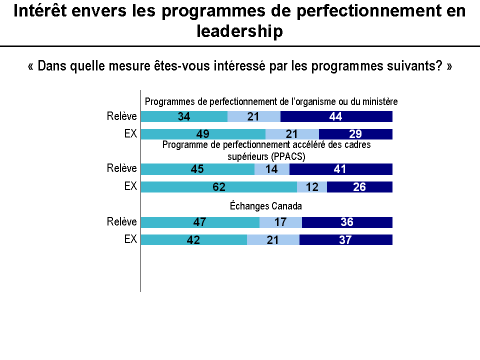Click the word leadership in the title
tap(240, 31)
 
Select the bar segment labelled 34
tap(184, 116)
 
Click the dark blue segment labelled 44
tap(336, 116)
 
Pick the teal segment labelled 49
tap(203, 134)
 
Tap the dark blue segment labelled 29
tap(355, 134)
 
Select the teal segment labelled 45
tap(197, 169)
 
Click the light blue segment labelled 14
tap(272, 169)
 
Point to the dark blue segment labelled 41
tap(341, 169)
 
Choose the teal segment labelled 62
tap(219, 187)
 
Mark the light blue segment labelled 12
tap(312, 187)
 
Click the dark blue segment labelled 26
tap(359, 187)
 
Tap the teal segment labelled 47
tap(200, 222)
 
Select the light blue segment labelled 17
tap(280, 222)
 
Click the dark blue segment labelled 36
tap(347, 222)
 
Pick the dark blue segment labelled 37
tap(346, 239)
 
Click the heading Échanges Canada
tap(266, 206)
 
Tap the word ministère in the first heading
tap(380, 102)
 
